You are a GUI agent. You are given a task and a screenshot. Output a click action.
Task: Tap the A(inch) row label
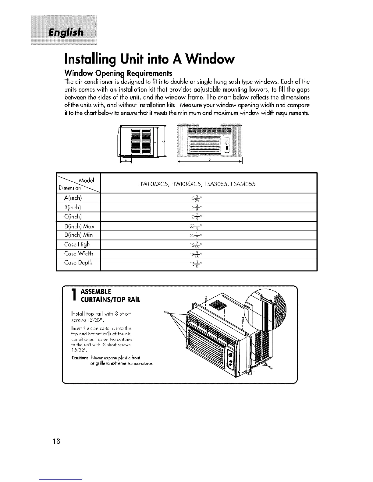click(69, 198)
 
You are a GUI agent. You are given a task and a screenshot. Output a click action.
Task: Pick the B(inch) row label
click(69, 207)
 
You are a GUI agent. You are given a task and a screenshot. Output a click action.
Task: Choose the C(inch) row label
click(69, 216)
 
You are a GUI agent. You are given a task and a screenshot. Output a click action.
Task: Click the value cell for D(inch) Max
click(209, 226)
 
